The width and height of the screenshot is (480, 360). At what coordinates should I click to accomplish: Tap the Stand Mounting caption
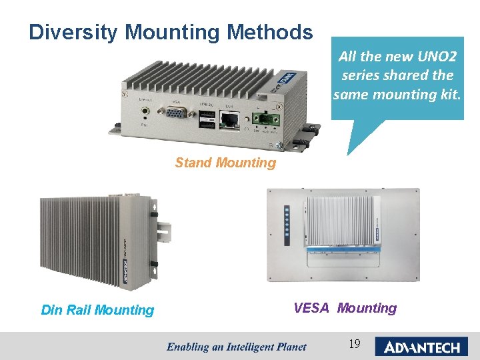225,163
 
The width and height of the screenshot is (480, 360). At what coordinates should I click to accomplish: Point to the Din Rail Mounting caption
97,310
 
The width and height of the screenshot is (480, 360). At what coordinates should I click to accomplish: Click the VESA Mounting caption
345,308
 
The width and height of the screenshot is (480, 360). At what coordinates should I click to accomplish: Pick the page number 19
355,344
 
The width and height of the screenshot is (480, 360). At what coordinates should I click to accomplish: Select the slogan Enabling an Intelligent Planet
236,346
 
